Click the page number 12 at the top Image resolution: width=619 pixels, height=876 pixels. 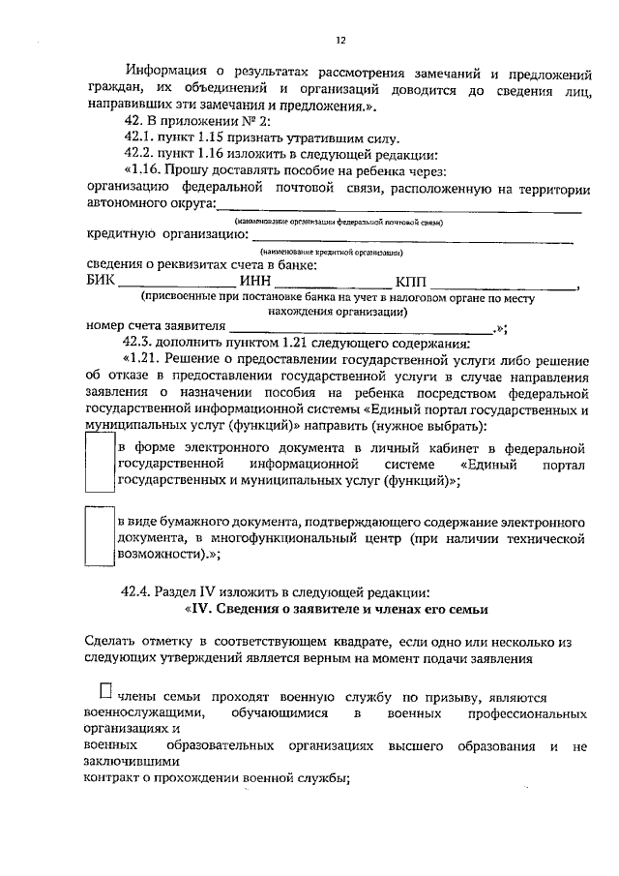[x=339, y=40]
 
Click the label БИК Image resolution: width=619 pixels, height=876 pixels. [x=101, y=282]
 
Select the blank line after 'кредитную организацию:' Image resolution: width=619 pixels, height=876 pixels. [x=406, y=238]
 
